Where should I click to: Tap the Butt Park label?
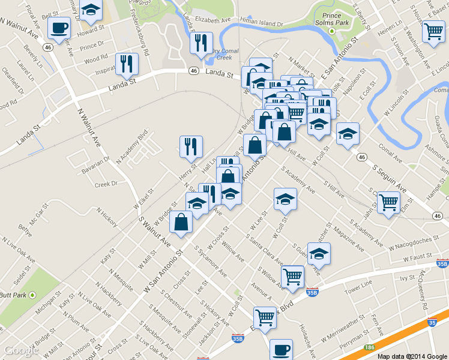coord(13,295)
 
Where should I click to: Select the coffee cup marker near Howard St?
coord(59,27)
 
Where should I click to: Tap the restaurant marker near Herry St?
coord(191,146)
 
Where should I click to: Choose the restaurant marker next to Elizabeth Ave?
coord(200,43)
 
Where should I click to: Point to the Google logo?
coord(21,350)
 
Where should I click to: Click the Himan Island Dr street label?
coord(261,22)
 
